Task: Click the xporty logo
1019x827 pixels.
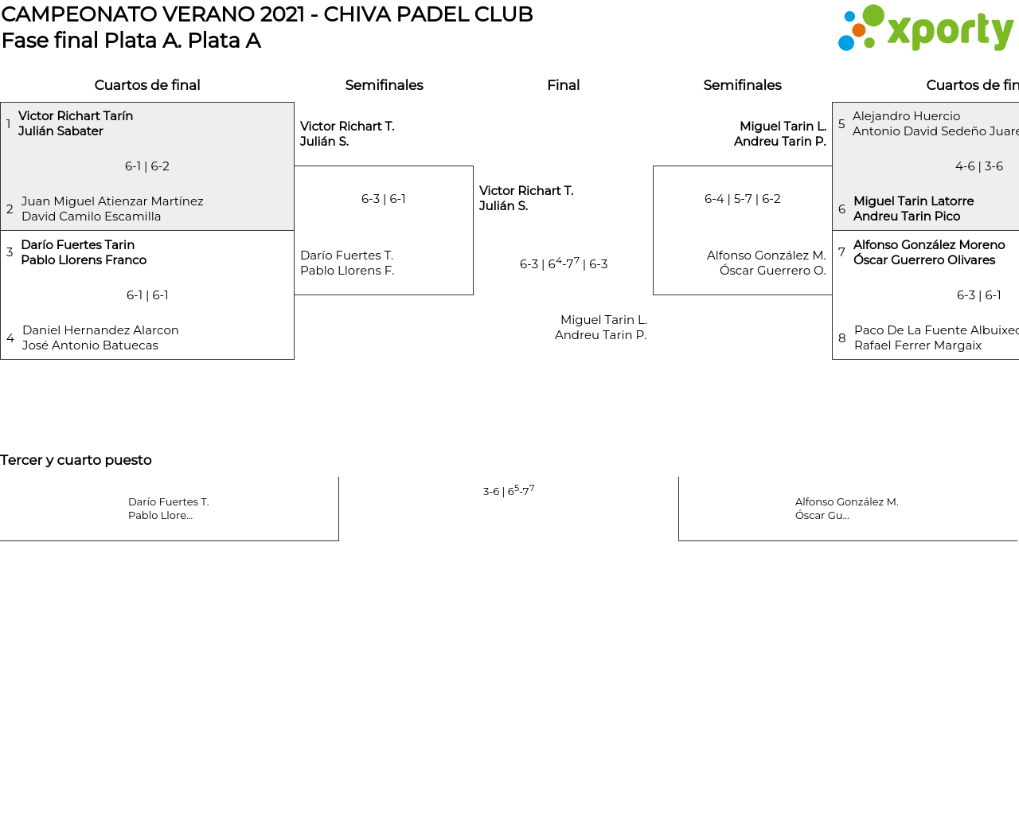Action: (x=925, y=29)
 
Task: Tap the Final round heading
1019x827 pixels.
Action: (x=563, y=85)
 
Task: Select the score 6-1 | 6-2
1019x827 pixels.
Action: (x=147, y=166)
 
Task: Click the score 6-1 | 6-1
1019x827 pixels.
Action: (x=147, y=295)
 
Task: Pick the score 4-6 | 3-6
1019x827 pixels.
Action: (x=979, y=166)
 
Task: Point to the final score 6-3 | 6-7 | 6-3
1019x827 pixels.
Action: (x=564, y=263)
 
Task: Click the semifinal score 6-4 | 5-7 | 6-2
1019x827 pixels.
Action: (x=742, y=199)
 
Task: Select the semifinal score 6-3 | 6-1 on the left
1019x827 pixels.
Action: (x=384, y=199)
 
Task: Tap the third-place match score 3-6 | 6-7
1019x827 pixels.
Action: (x=509, y=490)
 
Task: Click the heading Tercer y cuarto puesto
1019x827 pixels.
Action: (x=76, y=460)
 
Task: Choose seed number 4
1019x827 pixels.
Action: (x=10, y=338)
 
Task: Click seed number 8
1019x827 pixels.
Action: (x=842, y=338)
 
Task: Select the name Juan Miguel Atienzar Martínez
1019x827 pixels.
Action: (x=112, y=201)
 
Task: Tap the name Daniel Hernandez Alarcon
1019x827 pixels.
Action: (x=100, y=330)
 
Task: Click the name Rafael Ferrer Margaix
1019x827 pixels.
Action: (x=918, y=345)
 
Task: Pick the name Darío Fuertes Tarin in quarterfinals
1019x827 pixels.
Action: (x=78, y=245)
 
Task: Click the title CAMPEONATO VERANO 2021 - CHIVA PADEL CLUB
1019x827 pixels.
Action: (x=267, y=14)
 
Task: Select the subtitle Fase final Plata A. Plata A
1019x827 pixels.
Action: (x=131, y=41)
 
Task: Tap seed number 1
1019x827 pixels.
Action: (x=9, y=124)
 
